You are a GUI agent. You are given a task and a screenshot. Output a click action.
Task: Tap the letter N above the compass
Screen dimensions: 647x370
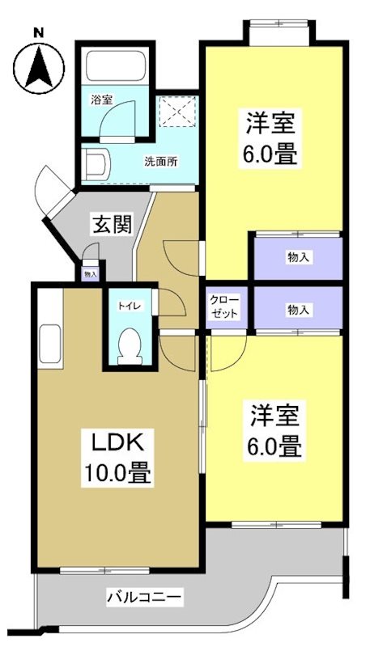[37, 32]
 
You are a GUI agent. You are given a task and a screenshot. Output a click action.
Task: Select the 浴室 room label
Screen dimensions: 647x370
[102, 100]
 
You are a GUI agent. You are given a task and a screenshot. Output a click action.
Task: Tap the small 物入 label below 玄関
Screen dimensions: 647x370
[91, 274]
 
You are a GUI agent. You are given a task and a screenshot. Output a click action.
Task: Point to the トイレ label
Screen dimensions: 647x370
[128, 306]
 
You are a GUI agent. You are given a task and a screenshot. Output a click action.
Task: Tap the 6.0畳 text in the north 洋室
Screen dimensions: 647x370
[272, 154]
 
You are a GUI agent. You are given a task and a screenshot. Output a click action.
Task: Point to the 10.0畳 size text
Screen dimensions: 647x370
[118, 473]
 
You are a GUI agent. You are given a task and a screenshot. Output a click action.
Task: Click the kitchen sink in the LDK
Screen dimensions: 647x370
[49, 345]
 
